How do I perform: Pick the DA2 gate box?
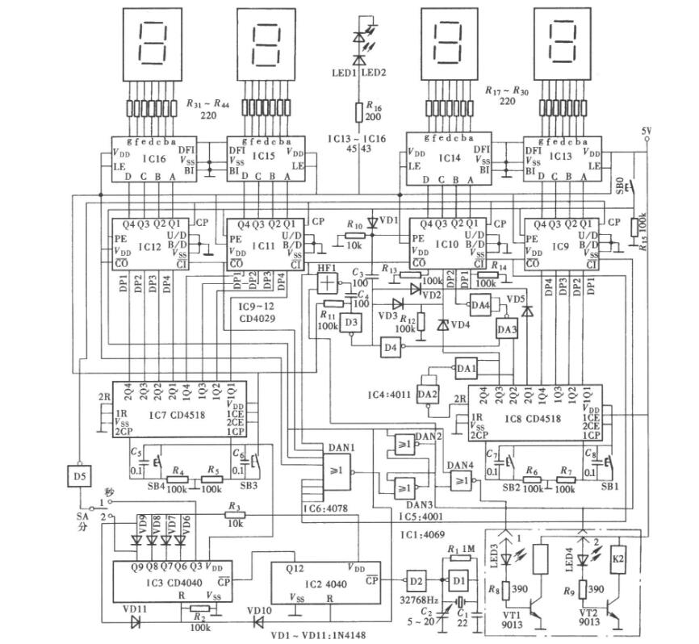(x=429, y=394)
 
